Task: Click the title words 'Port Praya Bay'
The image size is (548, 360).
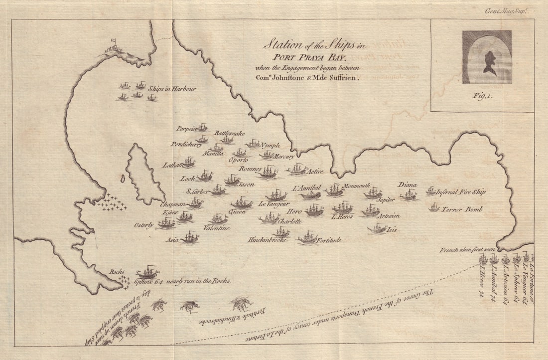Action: (309, 57)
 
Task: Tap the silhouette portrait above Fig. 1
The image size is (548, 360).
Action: (487, 56)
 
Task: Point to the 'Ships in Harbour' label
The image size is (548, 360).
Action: (176, 89)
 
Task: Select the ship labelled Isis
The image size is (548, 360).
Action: (377, 229)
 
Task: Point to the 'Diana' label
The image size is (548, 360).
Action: (407, 184)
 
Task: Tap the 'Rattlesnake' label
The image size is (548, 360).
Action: (230, 133)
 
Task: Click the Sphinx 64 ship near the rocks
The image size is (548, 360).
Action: (147, 272)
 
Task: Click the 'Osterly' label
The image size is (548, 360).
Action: (144, 225)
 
